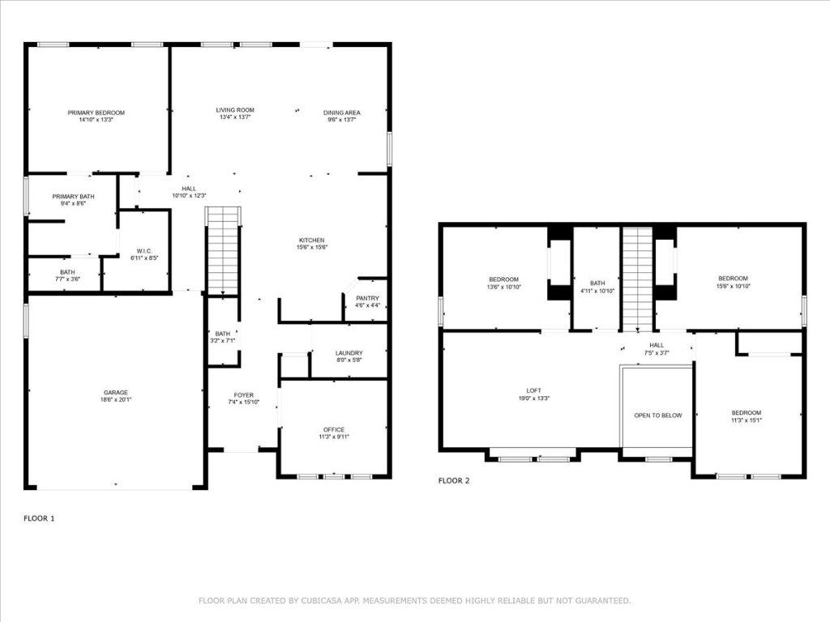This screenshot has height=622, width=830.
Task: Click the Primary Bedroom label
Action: (x=96, y=113)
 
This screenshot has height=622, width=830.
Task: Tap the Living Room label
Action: (x=235, y=110)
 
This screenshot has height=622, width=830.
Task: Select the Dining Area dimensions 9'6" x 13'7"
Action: (x=341, y=120)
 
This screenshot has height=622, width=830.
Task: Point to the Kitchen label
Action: (x=311, y=241)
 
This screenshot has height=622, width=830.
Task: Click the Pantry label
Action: (x=367, y=298)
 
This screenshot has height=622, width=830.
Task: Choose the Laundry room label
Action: (x=349, y=353)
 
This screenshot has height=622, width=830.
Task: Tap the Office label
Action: (x=333, y=429)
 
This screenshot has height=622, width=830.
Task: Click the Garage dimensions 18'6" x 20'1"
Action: (x=114, y=399)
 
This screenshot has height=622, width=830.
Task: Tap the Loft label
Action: (x=528, y=390)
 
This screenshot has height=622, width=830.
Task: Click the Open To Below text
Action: (x=657, y=415)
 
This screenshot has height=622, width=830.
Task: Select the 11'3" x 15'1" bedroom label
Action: (x=746, y=420)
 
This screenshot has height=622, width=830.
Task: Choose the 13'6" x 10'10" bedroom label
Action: (x=503, y=287)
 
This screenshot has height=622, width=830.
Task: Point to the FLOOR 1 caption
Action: (x=39, y=518)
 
